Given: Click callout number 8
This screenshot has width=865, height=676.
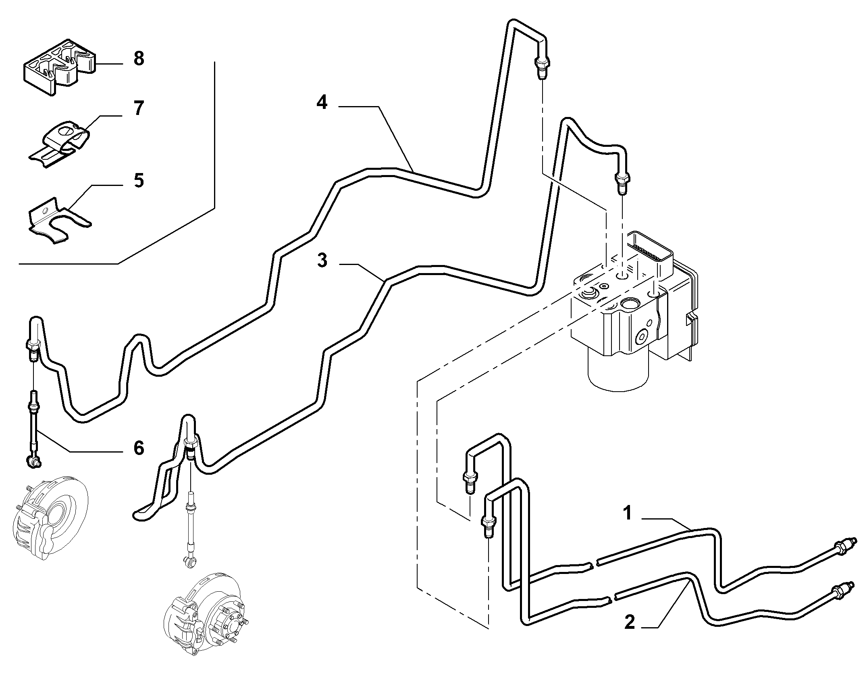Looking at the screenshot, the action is tap(138, 58).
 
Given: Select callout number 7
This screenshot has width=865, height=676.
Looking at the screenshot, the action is tap(138, 108).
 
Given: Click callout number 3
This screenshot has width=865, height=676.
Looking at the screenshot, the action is tap(322, 261).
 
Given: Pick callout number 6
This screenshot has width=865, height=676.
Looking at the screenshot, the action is tap(138, 448).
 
